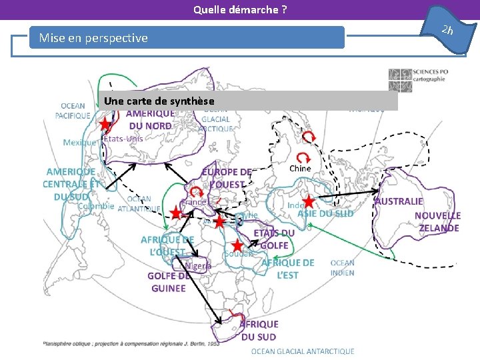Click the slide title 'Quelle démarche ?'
[240, 9]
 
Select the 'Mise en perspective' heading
[93, 38]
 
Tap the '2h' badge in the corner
[447, 29]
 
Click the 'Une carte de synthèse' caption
[159, 101]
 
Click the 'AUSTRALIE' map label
[399, 201]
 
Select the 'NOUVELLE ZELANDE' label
[437, 222]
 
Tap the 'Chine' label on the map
[300, 168]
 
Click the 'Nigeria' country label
[198, 265]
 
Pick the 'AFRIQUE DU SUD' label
[259, 330]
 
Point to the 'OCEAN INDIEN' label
[343, 267]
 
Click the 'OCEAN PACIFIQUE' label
[73, 111]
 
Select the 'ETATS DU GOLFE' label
[274, 239]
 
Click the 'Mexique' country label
[79, 142]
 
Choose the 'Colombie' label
[96, 206]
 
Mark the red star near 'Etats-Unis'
[105, 125]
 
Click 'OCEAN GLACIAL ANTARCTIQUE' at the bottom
[303, 351]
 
